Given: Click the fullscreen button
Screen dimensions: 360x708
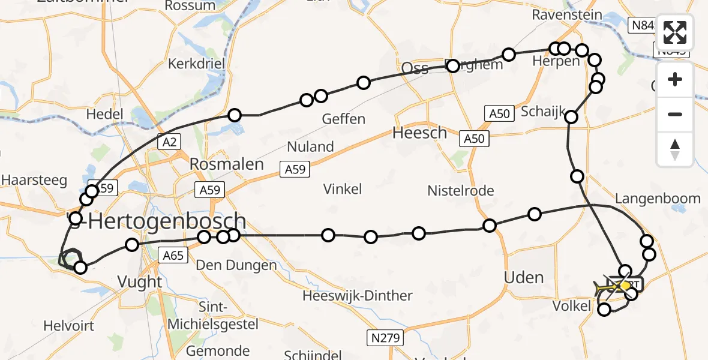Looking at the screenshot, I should point(675,32).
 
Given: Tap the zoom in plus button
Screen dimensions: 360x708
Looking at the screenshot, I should point(675,80).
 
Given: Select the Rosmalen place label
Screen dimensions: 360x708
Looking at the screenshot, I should point(227,164).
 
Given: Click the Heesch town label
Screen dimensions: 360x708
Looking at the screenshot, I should point(420,133).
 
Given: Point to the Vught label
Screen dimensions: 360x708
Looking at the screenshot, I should point(140,281).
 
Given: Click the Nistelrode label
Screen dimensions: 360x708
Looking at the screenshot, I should point(461,191).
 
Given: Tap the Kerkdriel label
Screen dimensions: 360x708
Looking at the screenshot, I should point(196,64).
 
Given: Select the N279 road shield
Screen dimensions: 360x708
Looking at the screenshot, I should point(385,338).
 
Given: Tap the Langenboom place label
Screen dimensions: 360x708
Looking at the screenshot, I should point(658,199).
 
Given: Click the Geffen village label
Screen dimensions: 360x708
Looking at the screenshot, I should point(344,119).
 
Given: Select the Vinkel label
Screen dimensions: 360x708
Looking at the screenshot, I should point(343,190).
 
